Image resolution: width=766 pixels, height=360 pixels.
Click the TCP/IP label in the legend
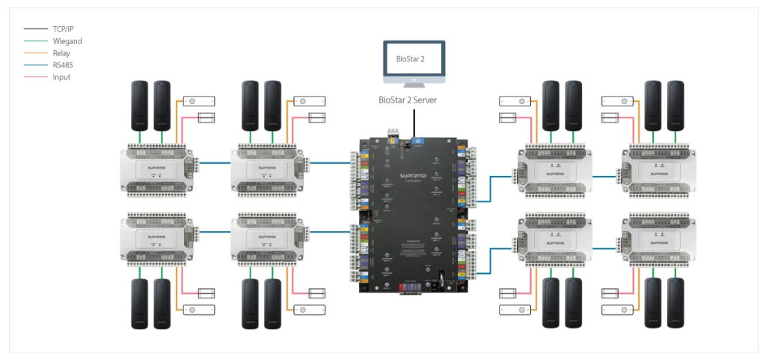(x=64, y=29)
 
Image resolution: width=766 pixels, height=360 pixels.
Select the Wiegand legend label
(x=67, y=41)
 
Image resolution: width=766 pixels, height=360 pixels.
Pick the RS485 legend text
(x=64, y=65)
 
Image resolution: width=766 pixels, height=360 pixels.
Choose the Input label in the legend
(x=62, y=77)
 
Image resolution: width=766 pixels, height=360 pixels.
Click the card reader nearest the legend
(x=141, y=103)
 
